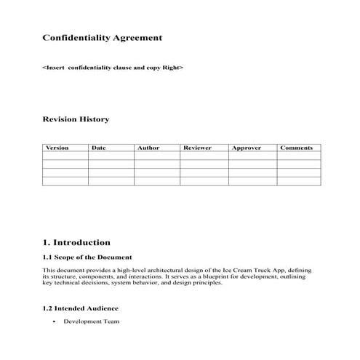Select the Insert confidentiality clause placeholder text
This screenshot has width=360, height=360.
[x=113, y=67]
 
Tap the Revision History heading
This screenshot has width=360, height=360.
[x=76, y=119]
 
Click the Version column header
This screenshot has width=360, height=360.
[x=57, y=148]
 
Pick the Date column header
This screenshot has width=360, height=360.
[x=99, y=148]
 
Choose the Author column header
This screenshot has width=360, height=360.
[x=148, y=148]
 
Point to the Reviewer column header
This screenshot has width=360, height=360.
[x=197, y=148]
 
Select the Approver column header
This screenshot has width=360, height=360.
[x=246, y=148]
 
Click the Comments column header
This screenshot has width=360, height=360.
[x=296, y=148]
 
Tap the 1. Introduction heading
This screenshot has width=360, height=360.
[x=76, y=242]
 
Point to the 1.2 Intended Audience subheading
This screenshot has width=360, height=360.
[x=80, y=308]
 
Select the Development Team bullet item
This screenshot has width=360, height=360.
[x=91, y=321]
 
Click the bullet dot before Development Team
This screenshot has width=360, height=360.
[x=55, y=321]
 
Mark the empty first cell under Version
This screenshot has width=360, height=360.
[x=65, y=156]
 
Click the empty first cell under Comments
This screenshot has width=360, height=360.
[x=298, y=156]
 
